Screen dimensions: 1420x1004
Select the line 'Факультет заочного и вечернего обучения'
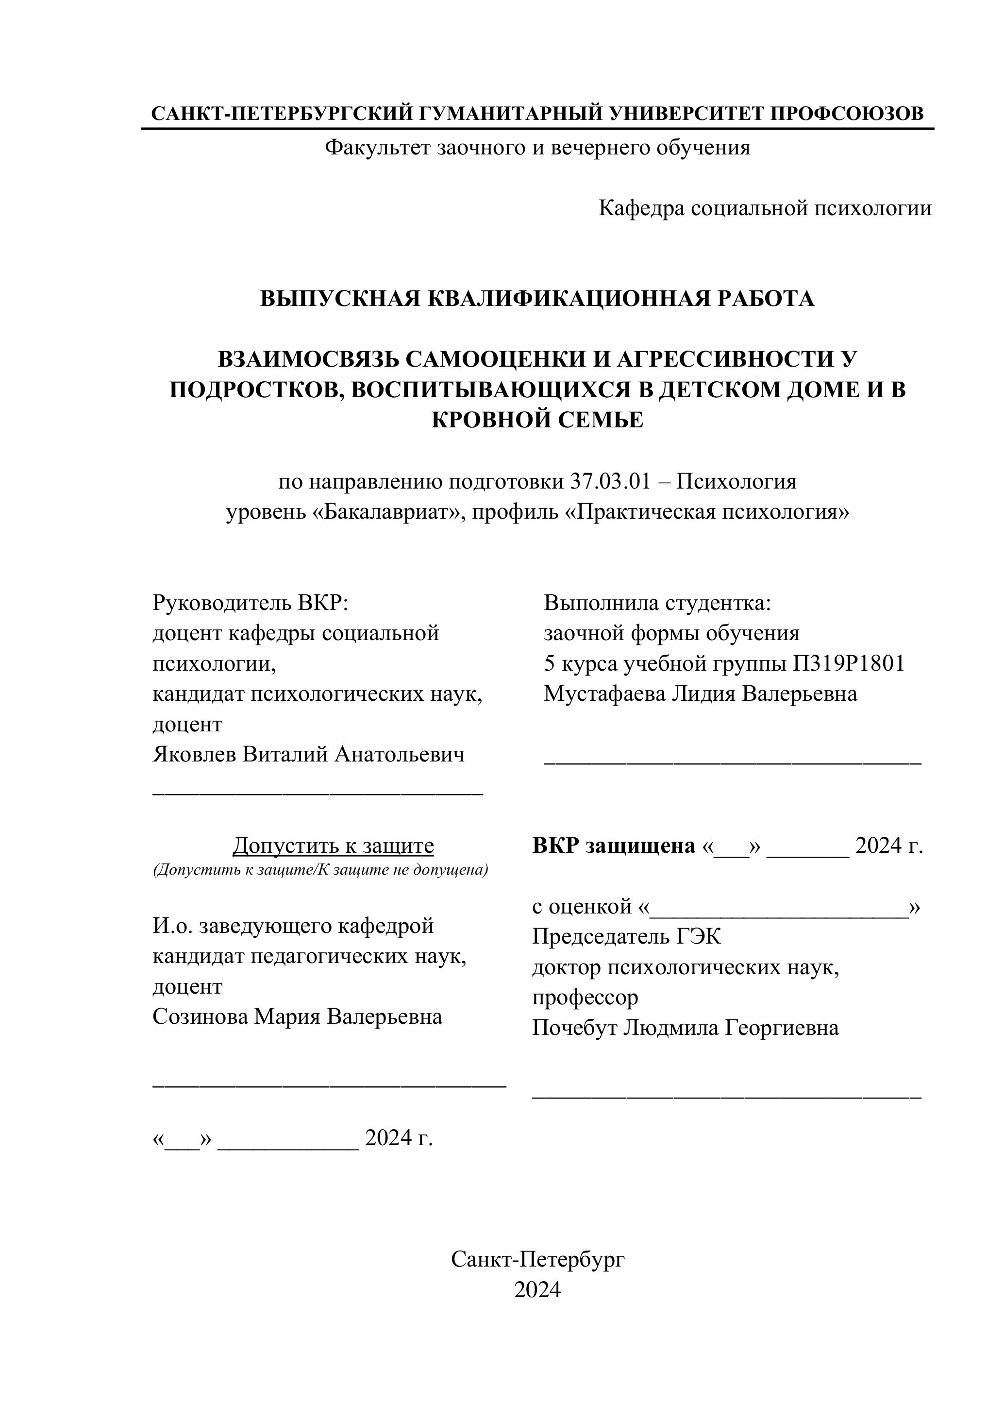coord(537,147)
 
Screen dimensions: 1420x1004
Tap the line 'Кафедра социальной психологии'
coord(765,208)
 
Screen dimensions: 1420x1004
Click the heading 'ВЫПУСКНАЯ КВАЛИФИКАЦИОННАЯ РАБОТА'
coord(537,298)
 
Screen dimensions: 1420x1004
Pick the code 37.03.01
coord(610,481)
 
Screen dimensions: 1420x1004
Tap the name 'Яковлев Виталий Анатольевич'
coord(308,754)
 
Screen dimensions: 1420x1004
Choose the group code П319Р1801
coord(849,663)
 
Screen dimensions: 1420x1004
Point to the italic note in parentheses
coord(320,870)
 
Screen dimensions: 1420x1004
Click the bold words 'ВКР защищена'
coord(614,845)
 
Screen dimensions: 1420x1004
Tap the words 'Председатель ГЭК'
coord(626,936)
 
